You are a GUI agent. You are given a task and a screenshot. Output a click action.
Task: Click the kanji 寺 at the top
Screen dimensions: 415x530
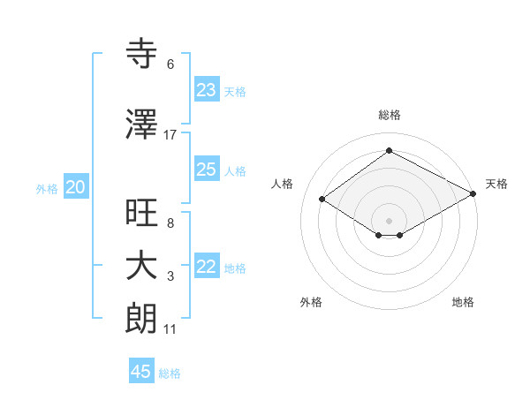pos(142,54)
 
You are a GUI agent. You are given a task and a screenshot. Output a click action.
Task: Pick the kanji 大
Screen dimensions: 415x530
pos(142,266)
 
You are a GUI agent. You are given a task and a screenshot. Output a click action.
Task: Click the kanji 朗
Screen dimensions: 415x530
pos(142,319)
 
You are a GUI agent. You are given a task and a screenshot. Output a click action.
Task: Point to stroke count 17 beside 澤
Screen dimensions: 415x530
pos(170,134)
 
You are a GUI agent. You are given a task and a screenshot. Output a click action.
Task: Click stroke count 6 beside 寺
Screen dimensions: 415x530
pos(170,64)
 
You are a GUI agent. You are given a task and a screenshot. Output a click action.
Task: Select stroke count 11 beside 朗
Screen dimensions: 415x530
pos(170,330)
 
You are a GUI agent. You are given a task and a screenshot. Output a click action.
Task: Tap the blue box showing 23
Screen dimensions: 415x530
pos(207,90)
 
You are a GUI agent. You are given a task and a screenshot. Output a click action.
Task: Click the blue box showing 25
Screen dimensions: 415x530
pos(207,170)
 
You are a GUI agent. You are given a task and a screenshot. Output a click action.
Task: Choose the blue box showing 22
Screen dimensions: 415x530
pos(207,268)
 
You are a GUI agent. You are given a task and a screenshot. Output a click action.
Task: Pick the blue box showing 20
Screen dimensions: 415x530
pos(76,187)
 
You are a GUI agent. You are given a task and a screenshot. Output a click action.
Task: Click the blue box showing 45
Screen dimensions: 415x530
pos(141,372)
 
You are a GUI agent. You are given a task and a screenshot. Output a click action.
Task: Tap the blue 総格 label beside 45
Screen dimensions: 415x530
pos(170,373)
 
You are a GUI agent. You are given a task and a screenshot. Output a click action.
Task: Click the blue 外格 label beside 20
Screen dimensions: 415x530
pos(47,188)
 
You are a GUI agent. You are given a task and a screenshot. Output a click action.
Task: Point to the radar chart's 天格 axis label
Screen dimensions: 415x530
pos(496,184)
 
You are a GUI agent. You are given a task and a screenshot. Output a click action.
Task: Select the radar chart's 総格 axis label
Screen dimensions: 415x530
pos(389,115)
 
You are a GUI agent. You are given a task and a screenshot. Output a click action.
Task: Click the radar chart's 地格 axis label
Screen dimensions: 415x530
pos(463,302)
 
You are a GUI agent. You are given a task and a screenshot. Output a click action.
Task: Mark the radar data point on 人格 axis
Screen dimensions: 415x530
pos(322,200)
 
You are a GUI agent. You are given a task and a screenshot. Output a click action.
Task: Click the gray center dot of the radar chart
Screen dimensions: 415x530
pos(389,219)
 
